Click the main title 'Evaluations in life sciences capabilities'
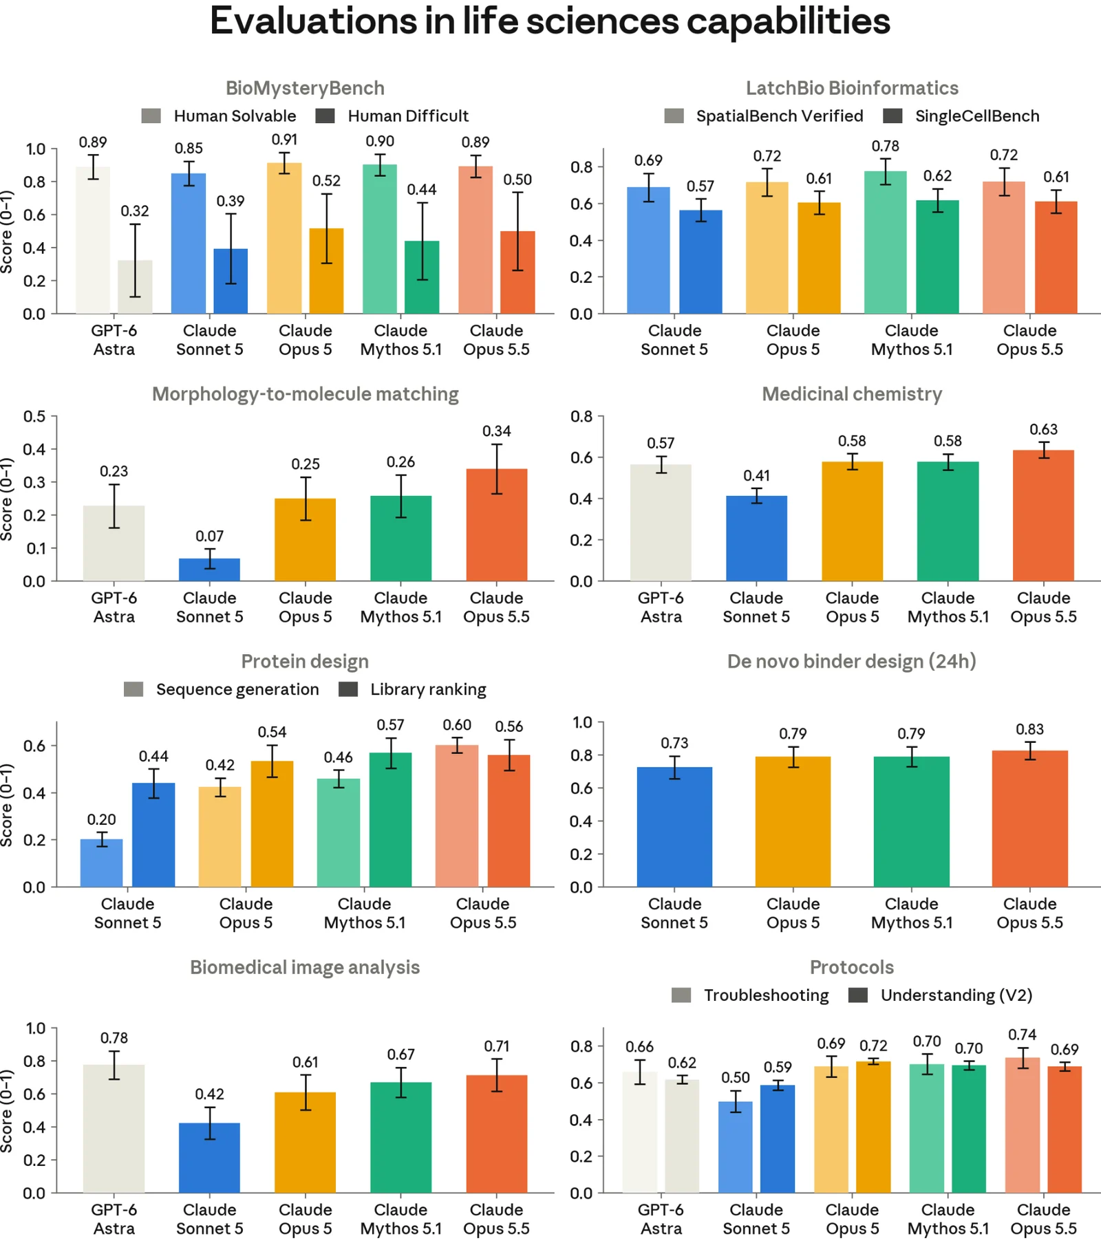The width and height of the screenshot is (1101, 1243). point(550,21)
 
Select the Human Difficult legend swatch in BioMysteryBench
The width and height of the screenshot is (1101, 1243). point(325,116)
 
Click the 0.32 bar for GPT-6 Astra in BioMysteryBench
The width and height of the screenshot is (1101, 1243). point(135,287)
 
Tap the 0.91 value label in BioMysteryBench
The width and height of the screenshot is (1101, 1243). point(284,140)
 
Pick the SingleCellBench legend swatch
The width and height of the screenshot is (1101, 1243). point(892,116)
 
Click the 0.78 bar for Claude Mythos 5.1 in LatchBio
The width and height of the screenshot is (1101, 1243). point(886,242)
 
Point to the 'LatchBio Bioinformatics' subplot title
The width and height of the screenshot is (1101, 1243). point(852,88)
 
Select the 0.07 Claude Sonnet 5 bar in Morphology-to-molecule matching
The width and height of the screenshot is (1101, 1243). point(209,570)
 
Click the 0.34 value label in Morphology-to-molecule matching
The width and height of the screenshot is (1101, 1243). point(497,431)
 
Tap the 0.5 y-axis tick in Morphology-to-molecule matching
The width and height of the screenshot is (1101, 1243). point(34,416)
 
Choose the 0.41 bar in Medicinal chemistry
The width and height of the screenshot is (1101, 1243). point(756,539)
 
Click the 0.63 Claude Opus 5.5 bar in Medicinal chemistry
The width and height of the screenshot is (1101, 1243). point(1043,516)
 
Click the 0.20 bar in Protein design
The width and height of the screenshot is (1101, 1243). point(101,863)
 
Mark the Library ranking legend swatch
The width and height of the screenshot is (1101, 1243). point(348,689)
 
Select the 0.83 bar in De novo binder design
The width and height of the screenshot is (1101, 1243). point(1029,819)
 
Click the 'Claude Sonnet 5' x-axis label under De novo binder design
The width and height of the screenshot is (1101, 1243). point(674,914)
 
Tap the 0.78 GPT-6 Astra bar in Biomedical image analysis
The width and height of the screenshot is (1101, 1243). point(114,1129)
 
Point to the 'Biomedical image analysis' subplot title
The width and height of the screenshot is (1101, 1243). point(305,967)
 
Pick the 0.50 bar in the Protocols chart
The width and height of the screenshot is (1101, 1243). point(736,1147)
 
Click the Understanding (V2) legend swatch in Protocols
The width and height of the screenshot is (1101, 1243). point(858,995)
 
